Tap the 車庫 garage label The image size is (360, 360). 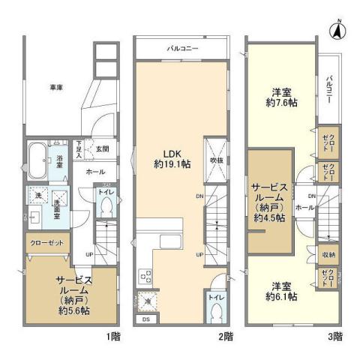click(x=56, y=88)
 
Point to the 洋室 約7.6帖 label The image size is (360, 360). click(x=283, y=97)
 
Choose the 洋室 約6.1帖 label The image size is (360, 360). click(x=283, y=291)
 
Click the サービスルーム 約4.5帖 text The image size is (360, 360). click(x=268, y=201)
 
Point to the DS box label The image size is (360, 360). click(x=145, y=320)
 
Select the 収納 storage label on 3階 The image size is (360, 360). click(x=327, y=256)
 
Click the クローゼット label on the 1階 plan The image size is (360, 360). click(x=46, y=243)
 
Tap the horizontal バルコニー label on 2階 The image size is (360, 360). click(x=182, y=49)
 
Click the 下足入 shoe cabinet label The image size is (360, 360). click(x=79, y=147)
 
